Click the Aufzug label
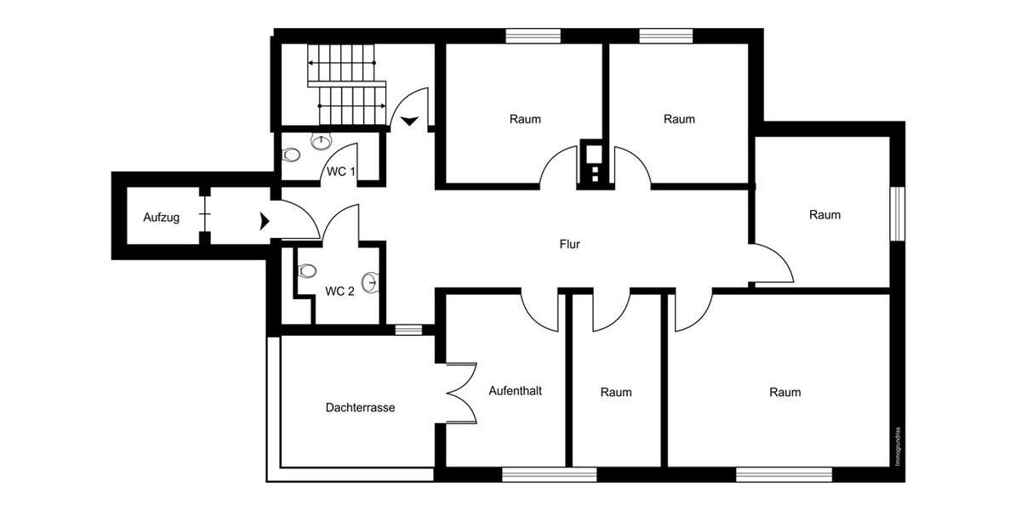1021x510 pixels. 161,218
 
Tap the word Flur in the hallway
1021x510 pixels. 569,244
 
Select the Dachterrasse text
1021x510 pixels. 360,408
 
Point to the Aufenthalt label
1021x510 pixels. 515,391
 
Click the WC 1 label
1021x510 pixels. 341,172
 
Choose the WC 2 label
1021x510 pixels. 339,291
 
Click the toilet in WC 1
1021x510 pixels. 292,156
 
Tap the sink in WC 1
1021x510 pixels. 322,141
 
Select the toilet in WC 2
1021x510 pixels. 306,271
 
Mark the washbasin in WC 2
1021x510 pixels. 370,281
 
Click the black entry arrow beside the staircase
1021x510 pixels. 409,121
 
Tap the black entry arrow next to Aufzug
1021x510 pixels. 265,222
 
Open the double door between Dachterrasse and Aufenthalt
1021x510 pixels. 459,393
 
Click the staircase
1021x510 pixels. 345,85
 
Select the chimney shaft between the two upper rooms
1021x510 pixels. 590,163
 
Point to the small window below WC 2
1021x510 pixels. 408,330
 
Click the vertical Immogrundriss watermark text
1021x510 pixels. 898,446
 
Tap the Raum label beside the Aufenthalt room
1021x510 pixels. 615,392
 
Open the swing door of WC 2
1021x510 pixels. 340,223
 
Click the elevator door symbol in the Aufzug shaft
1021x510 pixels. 204,218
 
